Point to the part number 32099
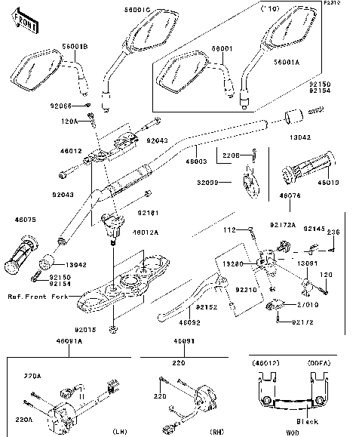pos(230,182)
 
